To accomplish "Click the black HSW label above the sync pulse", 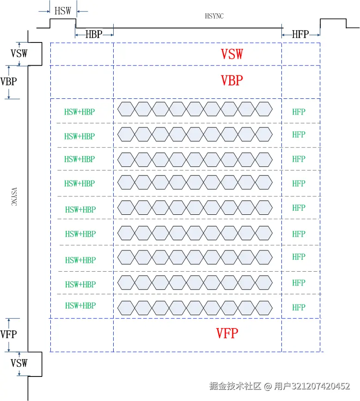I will point(63,11).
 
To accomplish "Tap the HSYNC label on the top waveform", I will point(214,16).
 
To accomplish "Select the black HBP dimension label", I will point(94,34).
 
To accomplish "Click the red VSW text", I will point(232,54).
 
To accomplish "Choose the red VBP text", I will point(232,80).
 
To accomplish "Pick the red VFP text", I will point(227,333).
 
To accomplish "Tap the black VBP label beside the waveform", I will point(9,82).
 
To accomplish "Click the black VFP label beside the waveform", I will point(8,334).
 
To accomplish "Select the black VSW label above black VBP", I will point(19,53).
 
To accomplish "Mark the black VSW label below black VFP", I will point(19,363).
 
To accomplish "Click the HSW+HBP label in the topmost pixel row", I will point(79,111).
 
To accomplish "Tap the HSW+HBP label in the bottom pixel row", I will point(80,306).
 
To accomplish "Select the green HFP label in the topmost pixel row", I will point(299,111).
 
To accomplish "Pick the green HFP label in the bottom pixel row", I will point(299,307).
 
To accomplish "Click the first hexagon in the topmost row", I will point(126,109).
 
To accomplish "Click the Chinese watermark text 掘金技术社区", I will point(236,386).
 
